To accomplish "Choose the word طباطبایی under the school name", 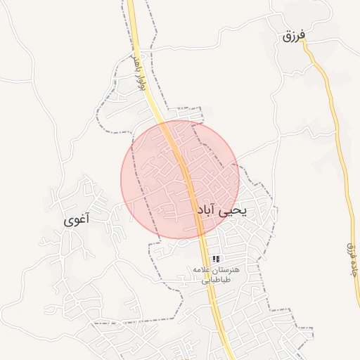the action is click(217, 280).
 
